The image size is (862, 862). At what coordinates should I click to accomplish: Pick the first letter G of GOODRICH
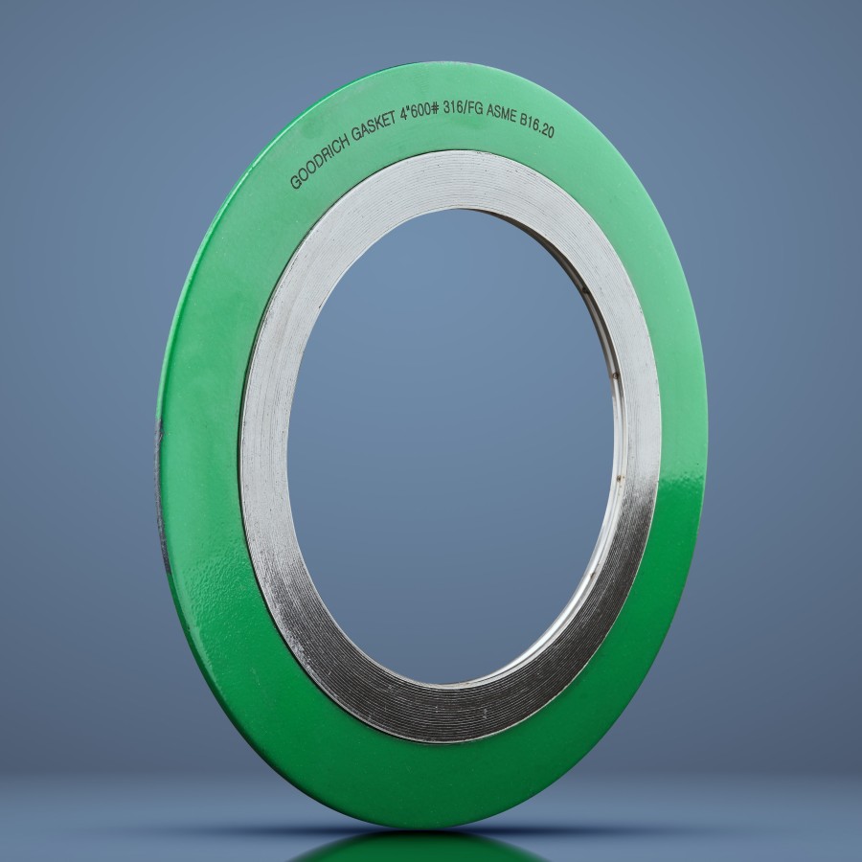(294, 183)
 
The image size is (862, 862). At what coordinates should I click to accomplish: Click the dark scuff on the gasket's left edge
(160, 479)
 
